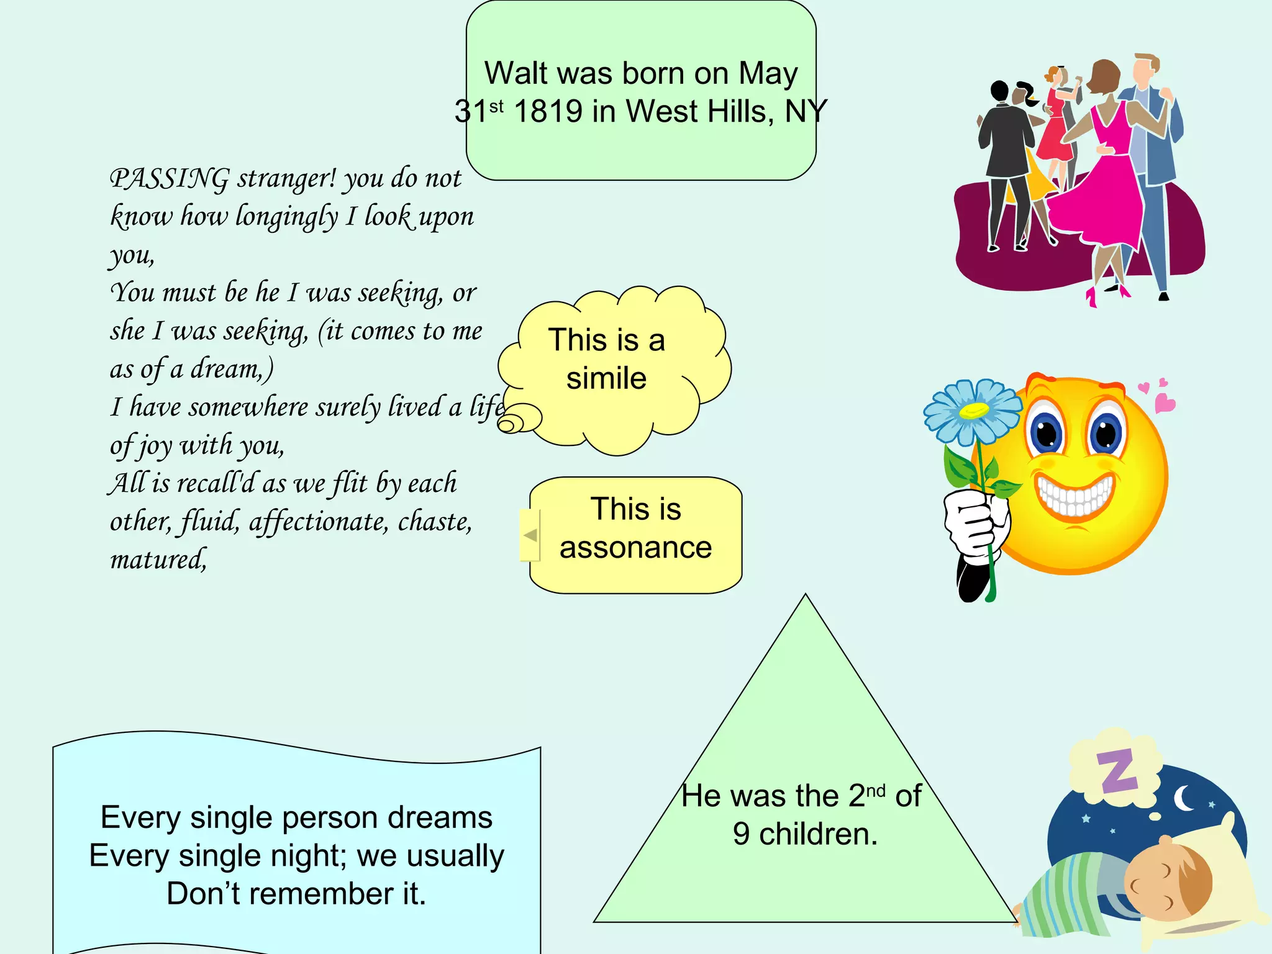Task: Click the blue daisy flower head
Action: (x=973, y=411)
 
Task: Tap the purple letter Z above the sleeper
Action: (x=1117, y=771)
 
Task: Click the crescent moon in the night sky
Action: (x=1183, y=799)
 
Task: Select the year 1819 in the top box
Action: (x=548, y=112)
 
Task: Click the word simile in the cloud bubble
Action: (x=606, y=378)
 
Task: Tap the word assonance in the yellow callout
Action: (x=635, y=548)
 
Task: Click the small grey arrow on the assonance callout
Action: (x=530, y=535)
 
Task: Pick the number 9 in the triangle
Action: (x=741, y=834)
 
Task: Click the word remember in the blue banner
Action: (x=323, y=894)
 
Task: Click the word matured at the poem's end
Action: (x=157, y=560)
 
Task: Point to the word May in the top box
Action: (x=768, y=74)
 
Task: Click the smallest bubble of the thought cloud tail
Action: (x=507, y=425)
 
